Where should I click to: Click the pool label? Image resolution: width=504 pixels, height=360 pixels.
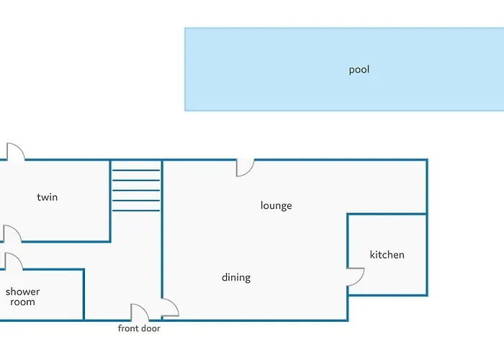point(359,70)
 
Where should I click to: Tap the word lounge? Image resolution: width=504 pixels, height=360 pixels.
point(276,205)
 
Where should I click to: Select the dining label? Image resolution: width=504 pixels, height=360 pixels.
point(236,277)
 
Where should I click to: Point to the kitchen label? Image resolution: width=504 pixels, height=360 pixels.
point(387,255)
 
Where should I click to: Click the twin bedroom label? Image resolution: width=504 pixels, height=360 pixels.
point(48,197)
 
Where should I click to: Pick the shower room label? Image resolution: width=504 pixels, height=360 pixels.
point(22,297)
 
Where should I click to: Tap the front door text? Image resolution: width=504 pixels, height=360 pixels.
point(139,328)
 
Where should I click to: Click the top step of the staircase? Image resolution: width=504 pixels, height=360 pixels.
point(136,171)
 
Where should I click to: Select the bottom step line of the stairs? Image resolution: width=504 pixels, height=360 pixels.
point(136,210)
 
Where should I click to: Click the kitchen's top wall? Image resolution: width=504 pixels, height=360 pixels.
point(387,214)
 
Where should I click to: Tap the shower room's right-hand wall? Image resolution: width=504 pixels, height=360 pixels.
point(84,294)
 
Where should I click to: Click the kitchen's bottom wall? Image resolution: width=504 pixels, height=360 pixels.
point(387,294)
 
